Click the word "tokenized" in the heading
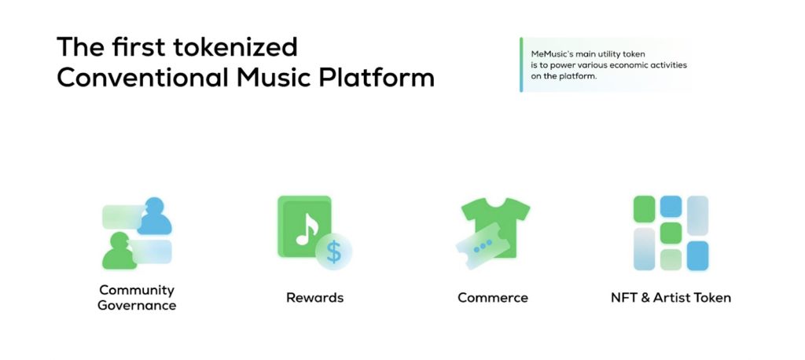tap(235, 46)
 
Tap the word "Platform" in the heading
tap(377, 78)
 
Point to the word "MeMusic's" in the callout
tap(551, 54)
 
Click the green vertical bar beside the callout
tap(521, 64)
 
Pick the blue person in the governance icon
tap(154, 217)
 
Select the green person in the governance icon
tap(119, 251)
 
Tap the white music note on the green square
tap(307, 229)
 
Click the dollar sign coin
tap(333, 252)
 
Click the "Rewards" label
tap(314, 297)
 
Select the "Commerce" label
tap(493, 297)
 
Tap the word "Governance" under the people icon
tap(137, 306)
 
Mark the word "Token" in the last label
tap(712, 297)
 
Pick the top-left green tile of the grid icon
tap(644, 209)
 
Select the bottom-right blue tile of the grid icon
tap(698, 255)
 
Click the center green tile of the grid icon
tap(671, 233)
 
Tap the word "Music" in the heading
tap(274, 78)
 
